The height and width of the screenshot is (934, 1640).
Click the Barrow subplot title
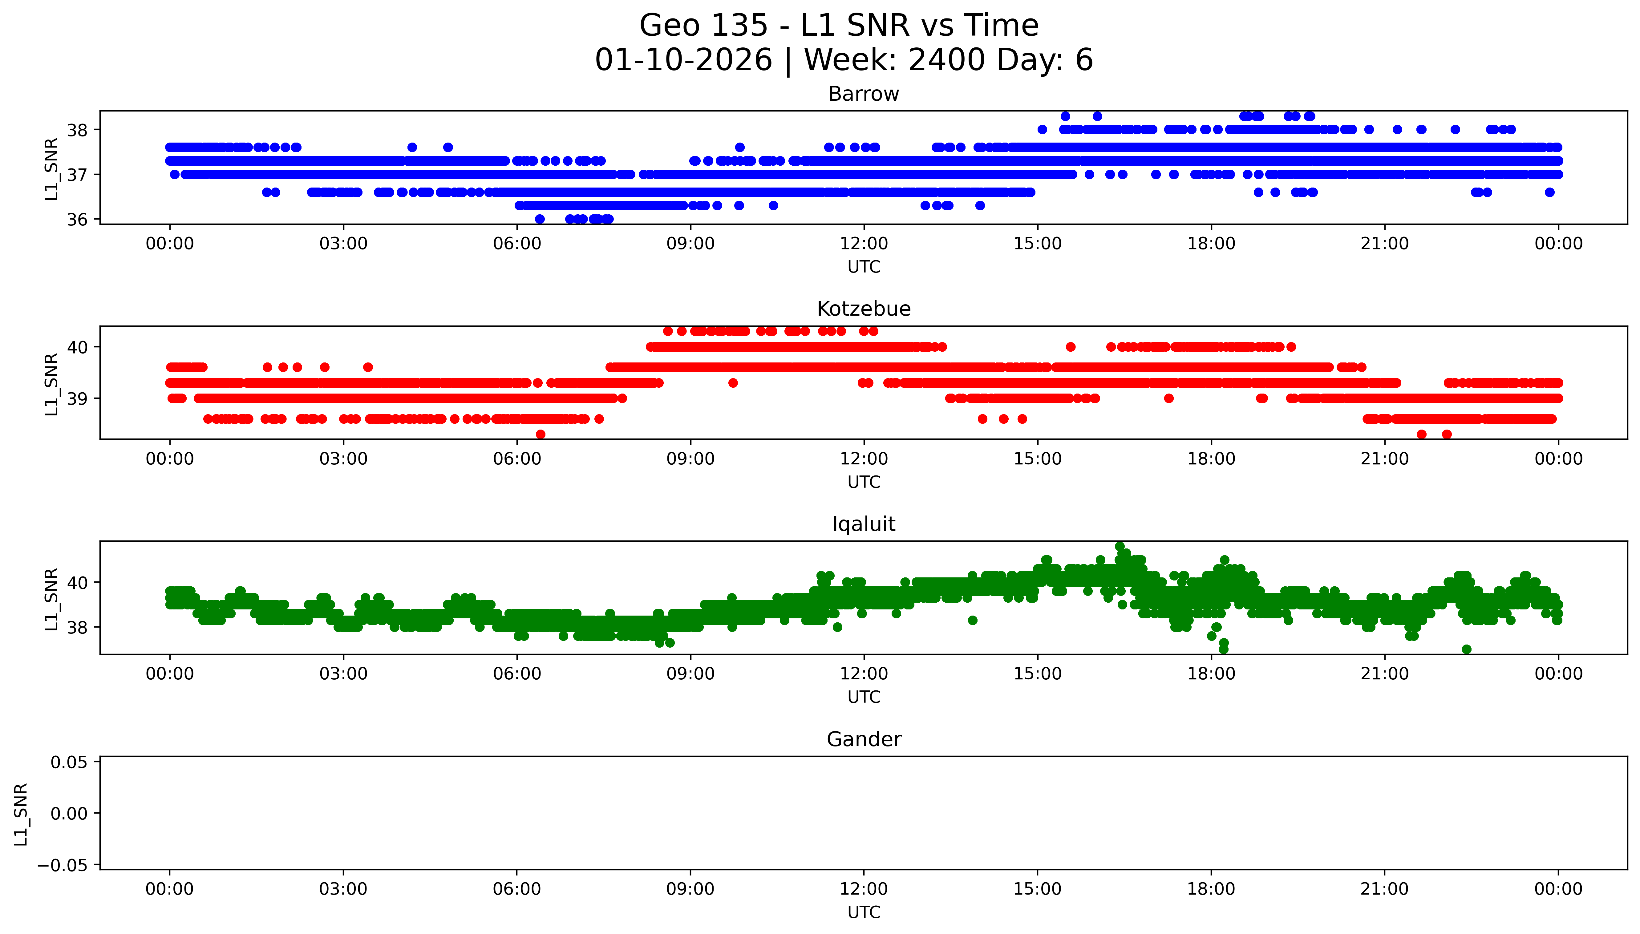[x=863, y=94]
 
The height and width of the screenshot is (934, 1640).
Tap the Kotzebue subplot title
[x=863, y=309]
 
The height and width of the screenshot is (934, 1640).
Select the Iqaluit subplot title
[x=863, y=524]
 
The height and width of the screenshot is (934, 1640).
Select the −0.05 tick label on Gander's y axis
[x=62, y=865]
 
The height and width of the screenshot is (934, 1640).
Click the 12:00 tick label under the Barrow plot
[x=863, y=244]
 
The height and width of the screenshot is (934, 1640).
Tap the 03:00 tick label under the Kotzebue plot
[x=343, y=459]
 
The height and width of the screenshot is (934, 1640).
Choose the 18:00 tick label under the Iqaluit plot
[x=1211, y=673]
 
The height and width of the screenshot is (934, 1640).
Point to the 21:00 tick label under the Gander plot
[x=1384, y=889]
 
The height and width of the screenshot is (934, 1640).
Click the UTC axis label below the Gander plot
[x=863, y=912]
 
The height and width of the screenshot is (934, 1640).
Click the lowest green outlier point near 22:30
[x=1466, y=649]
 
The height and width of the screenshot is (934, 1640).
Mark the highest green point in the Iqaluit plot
[x=1119, y=547]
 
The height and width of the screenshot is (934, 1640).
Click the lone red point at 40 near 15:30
[x=1071, y=347]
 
